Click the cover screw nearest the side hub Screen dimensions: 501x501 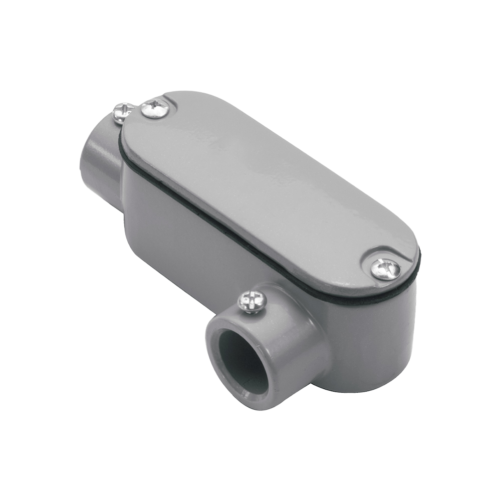[x=385, y=269]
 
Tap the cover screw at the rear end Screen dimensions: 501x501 [x=155, y=108]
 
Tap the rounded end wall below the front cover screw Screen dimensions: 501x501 [x=396, y=341]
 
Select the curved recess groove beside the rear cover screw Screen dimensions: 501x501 [x=173, y=103]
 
